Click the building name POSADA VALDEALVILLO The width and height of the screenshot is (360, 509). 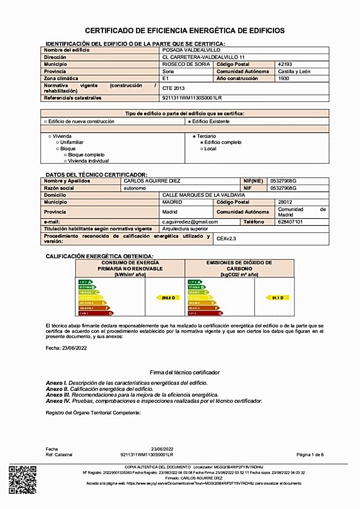tap(184, 50)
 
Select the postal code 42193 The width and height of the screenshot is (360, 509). tap(285, 64)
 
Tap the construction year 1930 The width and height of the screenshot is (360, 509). tap(284, 78)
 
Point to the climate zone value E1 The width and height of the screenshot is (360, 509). tap(166, 78)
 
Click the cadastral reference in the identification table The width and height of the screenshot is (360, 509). tap(192, 97)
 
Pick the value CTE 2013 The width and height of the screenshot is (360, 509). tap(173, 88)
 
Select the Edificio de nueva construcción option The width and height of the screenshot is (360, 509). tap(45, 121)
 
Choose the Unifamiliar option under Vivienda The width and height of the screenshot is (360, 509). tap(57, 142)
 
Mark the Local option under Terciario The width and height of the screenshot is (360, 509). tap(202, 148)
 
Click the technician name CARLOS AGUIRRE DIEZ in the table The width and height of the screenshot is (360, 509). tap(152, 181)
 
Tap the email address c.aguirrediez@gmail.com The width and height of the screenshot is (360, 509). tap(190, 221)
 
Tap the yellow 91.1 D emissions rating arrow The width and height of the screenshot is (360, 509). tap(277, 298)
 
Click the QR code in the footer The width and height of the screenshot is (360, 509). tap(22, 480)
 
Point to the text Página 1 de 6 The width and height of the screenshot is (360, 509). tap(310, 454)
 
